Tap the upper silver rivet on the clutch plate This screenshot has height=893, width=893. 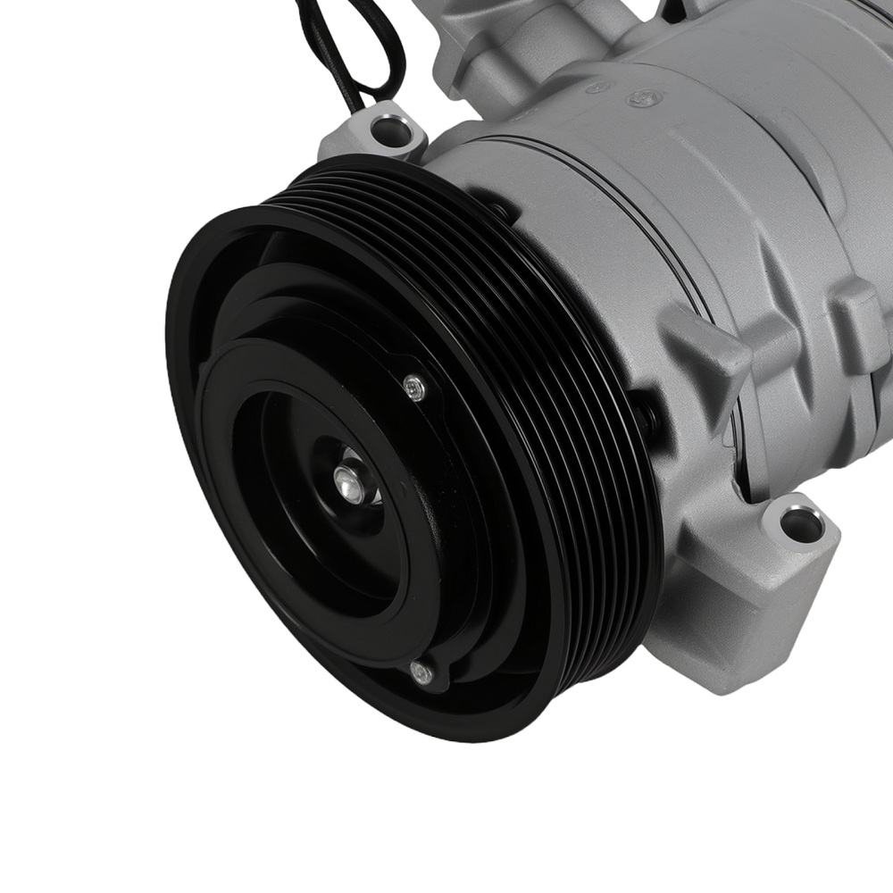pos(411,387)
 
